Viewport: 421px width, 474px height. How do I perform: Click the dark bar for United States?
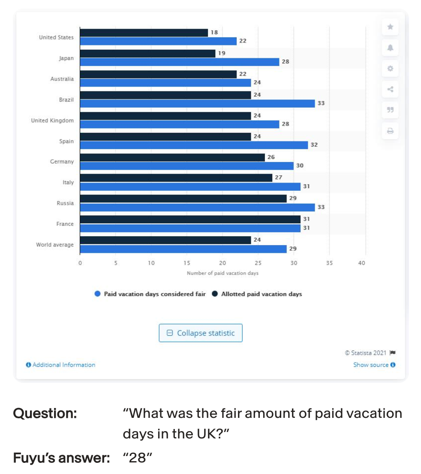coord(144,33)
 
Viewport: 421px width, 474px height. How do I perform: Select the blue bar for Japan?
coord(179,62)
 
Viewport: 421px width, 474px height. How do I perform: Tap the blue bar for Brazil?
coord(197,103)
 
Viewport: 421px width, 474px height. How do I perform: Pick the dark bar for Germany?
coord(172,157)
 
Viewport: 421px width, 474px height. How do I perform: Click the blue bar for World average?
coord(183,249)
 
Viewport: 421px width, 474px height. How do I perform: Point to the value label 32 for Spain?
coord(314,145)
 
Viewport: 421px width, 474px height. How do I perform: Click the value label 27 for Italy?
coord(278,177)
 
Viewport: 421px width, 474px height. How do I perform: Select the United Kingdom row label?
coord(52,120)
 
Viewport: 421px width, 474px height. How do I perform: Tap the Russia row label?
coord(65,203)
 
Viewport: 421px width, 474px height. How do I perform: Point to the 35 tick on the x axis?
coord(329,263)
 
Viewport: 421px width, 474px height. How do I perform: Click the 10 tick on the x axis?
coord(151,263)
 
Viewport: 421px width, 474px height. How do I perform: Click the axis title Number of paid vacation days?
coord(223,273)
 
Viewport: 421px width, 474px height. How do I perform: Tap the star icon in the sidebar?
coord(390,27)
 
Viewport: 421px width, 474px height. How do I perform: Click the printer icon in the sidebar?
coord(390,131)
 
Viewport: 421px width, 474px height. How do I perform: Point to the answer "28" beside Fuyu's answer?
coord(138,458)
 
